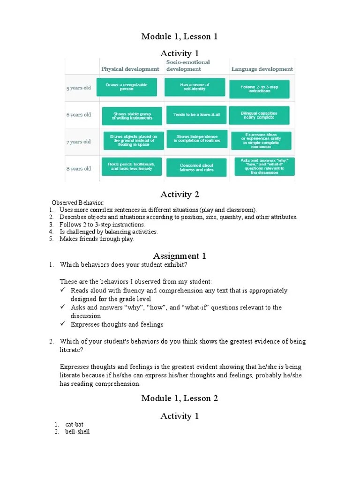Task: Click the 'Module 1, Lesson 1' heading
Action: pos(180,37)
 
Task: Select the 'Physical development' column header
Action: pos(130,69)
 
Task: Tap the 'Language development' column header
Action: pos(262,69)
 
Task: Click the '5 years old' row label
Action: pos(79,88)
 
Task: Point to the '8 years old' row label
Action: pos(79,168)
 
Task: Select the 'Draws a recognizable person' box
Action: pos(127,87)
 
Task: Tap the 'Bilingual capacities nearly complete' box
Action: pos(259,115)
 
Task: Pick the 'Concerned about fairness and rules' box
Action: pos(196,167)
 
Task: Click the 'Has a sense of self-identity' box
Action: pos(195,87)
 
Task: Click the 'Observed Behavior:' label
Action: pos(78,202)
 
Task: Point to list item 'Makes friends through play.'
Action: pos(97,239)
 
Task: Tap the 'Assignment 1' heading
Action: pos(180,256)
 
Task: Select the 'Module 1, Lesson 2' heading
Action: pos(180,398)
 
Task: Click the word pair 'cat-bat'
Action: pos(74,425)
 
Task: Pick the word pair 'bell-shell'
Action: pos(77,432)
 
